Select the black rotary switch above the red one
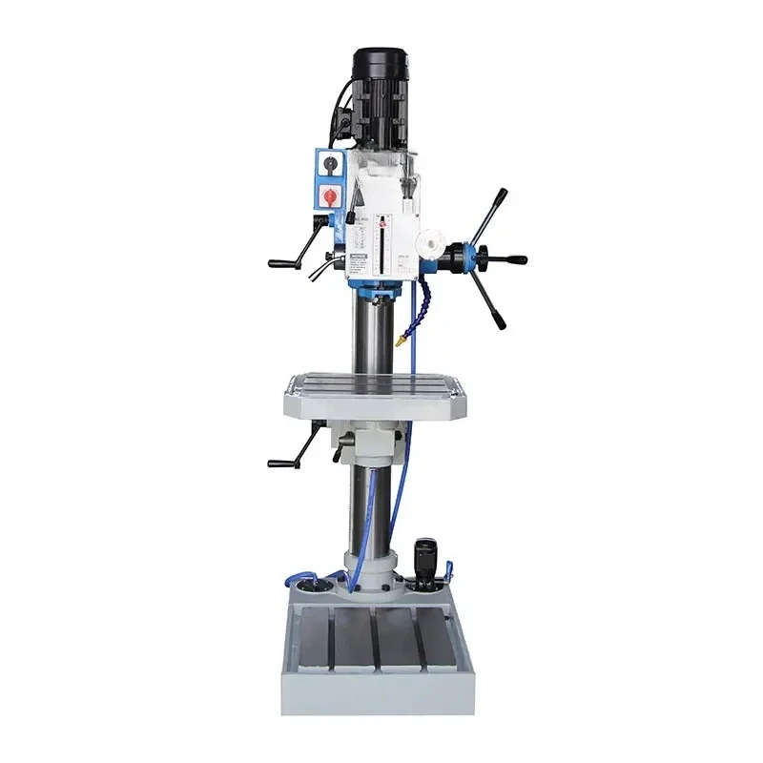point(329,164)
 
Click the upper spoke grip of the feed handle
point(498,201)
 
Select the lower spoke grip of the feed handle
point(498,315)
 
